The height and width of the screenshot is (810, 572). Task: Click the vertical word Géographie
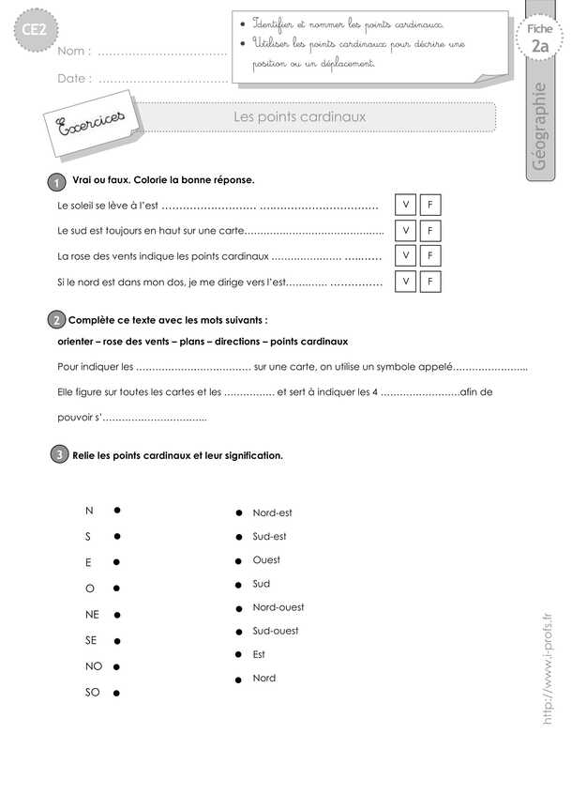click(x=538, y=128)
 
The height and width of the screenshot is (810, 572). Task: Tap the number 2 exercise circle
click(x=57, y=321)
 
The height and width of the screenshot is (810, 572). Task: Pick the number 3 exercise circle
click(x=59, y=455)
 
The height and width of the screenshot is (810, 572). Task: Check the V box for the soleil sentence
click(x=406, y=206)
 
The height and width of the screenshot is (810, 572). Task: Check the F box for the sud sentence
click(x=429, y=231)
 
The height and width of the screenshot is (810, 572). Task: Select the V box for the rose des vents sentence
click(x=406, y=255)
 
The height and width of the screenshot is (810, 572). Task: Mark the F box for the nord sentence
click(x=429, y=281)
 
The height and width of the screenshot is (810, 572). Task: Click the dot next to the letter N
click(x=116, y=511)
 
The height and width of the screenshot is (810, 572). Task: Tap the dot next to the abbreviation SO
click(x=116, y=695)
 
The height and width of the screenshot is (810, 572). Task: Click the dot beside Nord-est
click(x=240, y=513)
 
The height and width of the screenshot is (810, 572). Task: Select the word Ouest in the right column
click(x=266, y=560)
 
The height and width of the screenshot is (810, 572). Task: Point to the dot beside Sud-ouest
click(x=240, y=632)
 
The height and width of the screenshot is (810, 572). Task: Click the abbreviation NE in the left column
click(x=92, y=615)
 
